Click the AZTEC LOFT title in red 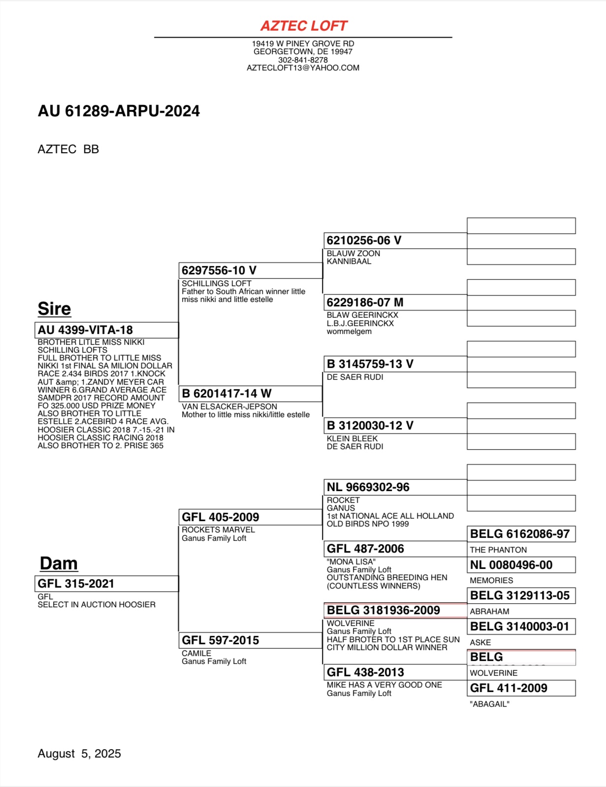pos(303,26)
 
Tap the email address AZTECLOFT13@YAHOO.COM pos(303,68)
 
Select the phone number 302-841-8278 pos(303,60)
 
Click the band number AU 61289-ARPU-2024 pos(119,111)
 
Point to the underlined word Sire pos(54,309)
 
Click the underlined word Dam pos(59,563)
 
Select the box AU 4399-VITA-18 pos(106,330)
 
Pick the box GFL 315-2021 pos(106,584)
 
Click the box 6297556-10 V pos(250,270)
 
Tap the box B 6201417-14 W pos(250,393)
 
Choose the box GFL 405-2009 pos(250,517)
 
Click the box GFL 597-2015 pos(250,640)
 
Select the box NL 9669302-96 pos(395,487)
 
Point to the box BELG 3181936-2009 pos(395,610)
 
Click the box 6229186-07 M pos(395,302)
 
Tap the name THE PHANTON pos(498,550)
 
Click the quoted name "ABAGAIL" pos(489,704)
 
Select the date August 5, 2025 pos(79,754)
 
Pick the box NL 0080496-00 pos(521,565)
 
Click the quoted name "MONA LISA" pos(351,562)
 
